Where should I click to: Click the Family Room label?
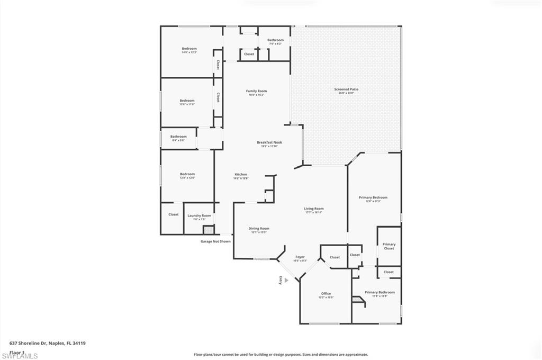click(x=256, y=92)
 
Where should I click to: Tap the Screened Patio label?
click(x=346, y=90)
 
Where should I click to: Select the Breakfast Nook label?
click(x=269, y=143)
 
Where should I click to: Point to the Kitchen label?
click(x=241, y=175)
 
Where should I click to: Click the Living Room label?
click(x=313, y=209)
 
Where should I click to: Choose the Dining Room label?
click(x=259, y=229)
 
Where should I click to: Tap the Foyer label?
click(x=300, y=257)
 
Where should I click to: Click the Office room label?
click(x=326, y=294)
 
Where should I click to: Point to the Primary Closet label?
click(x=389, y=246)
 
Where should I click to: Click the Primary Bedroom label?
click(x=373, y=199)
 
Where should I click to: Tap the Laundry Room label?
click(x=199, y=216)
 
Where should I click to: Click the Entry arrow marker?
click(x=286, y=281)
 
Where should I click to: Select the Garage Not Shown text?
click(x=215, y=241)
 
